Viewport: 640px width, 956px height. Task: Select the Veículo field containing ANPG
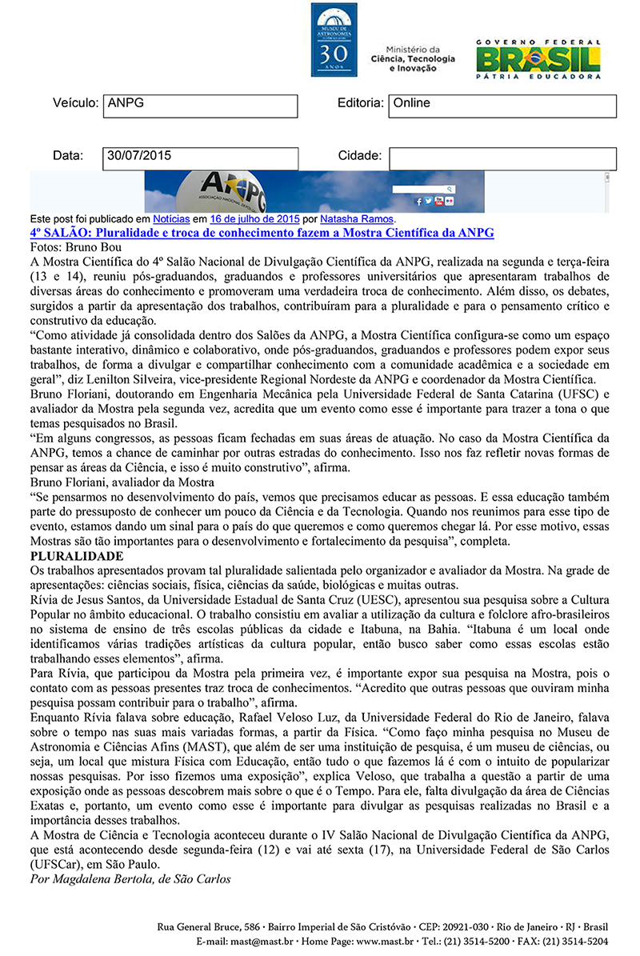tap(201, 106)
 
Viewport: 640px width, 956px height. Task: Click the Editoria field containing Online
tap(502, 106)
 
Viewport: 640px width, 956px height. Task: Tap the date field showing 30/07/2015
tap(201, 158)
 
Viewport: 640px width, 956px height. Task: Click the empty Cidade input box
tap(502, 158)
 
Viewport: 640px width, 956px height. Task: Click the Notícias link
tap(170, 218)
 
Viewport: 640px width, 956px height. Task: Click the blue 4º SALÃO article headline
tap(262, 233)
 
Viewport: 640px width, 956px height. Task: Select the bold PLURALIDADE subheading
tap(77, 556)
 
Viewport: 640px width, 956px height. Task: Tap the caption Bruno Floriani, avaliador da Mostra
tap(122, 482)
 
